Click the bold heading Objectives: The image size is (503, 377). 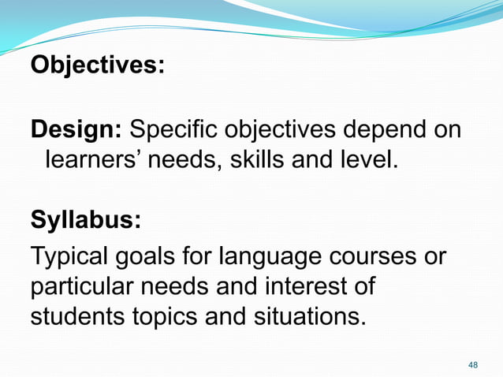[97, 65]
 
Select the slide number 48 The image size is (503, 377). [473, 364]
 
